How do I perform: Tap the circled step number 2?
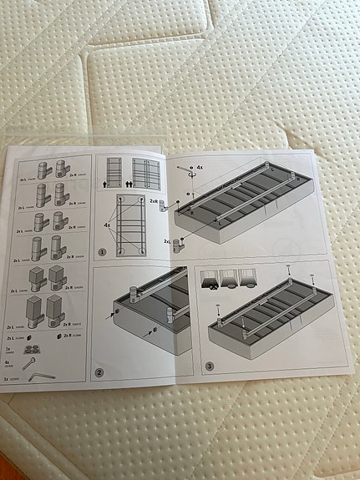pos(99,372)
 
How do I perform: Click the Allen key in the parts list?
pos(39,377)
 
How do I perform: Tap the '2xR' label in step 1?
pos(155,201)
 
